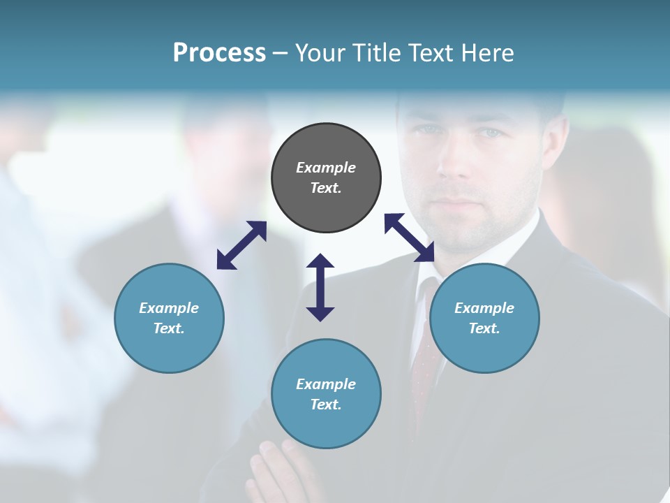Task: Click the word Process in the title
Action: tap(219, 53)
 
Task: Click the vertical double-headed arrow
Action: tap(320, 287)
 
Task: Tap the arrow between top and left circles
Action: tap(241, 245)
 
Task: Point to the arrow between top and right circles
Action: tap(410, 238)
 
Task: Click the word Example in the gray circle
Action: tap(326, 168)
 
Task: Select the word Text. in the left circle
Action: tap(169, 328)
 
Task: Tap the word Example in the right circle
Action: tap(484, 308)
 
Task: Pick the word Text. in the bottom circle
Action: tap(326, 404)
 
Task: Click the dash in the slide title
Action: tap(281, 53)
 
